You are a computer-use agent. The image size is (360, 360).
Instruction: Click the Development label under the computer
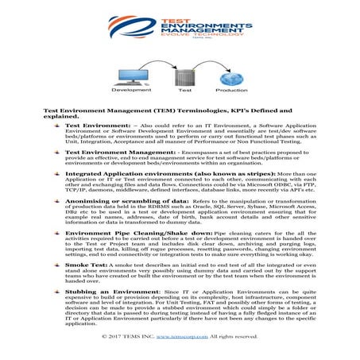[x=120, y=91]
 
